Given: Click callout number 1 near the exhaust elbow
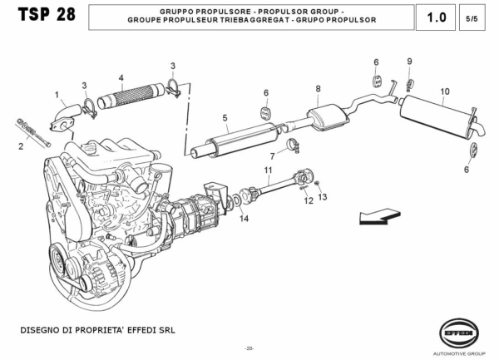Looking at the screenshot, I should pyautogui.click(x=57, y=95).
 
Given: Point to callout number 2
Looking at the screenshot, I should pyautogui.click(x=21, y=147).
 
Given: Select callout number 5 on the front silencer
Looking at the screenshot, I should pyautogui.click(x=225, y=119).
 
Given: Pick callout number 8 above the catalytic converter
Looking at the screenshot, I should pyautogui.click(x=318, y=88).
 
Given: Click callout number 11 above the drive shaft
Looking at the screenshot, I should pyautogui.click(x=268, y=170).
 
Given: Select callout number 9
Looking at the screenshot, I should pyautogui.click(x=409, y=62).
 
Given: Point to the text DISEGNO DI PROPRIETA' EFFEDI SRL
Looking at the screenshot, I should pyautogui.click(x=97, y=330).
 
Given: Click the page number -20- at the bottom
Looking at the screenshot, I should pyautogui.click(x=249, y=348).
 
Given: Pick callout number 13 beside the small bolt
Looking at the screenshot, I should pyautogui.click(x=324, y=196).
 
